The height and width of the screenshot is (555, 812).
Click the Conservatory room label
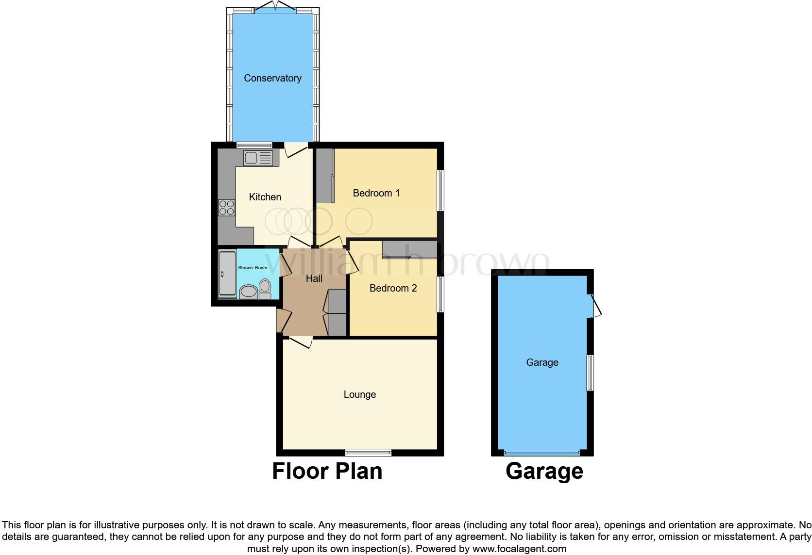[272, 78]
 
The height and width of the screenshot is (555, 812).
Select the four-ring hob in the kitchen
[226, 208]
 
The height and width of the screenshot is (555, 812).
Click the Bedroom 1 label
[376, 193]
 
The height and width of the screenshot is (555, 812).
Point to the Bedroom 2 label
[393, 288]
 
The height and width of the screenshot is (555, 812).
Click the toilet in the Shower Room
[265, 288]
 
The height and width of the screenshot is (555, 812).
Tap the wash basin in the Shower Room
[249, 291]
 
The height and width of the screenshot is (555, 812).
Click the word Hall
[314, 278]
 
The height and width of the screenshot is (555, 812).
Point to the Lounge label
[359, 394]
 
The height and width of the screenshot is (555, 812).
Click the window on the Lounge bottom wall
[368, 453]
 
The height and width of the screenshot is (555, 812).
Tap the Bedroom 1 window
[440, 190]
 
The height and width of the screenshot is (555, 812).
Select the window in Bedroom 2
[440, 294]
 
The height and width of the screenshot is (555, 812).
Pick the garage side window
[590, 373]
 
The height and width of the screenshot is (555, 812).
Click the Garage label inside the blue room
[542, 362]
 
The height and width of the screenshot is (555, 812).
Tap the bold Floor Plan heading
[327, 471]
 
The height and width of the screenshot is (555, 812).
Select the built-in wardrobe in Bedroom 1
[324, 176]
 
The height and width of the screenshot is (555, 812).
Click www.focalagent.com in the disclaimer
[519, 549]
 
